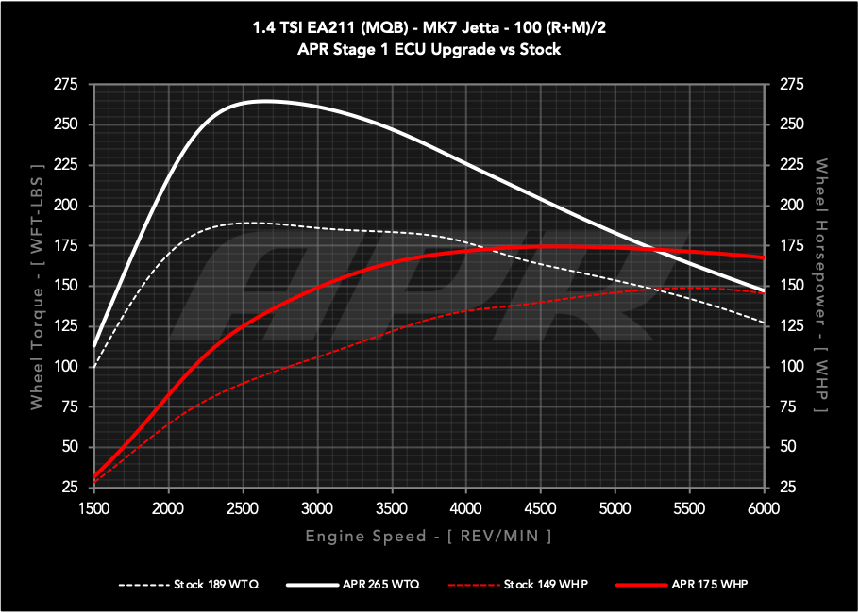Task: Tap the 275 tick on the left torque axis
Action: [66, 85]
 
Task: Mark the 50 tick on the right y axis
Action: [788, 447]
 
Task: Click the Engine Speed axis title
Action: [428, 536]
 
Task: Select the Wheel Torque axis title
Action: [37, 286]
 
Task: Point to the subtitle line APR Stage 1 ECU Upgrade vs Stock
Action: [428, 49]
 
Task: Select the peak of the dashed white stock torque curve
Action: [249, 223]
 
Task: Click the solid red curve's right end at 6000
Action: [762, 257]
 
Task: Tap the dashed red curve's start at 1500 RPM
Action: [94, 482]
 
